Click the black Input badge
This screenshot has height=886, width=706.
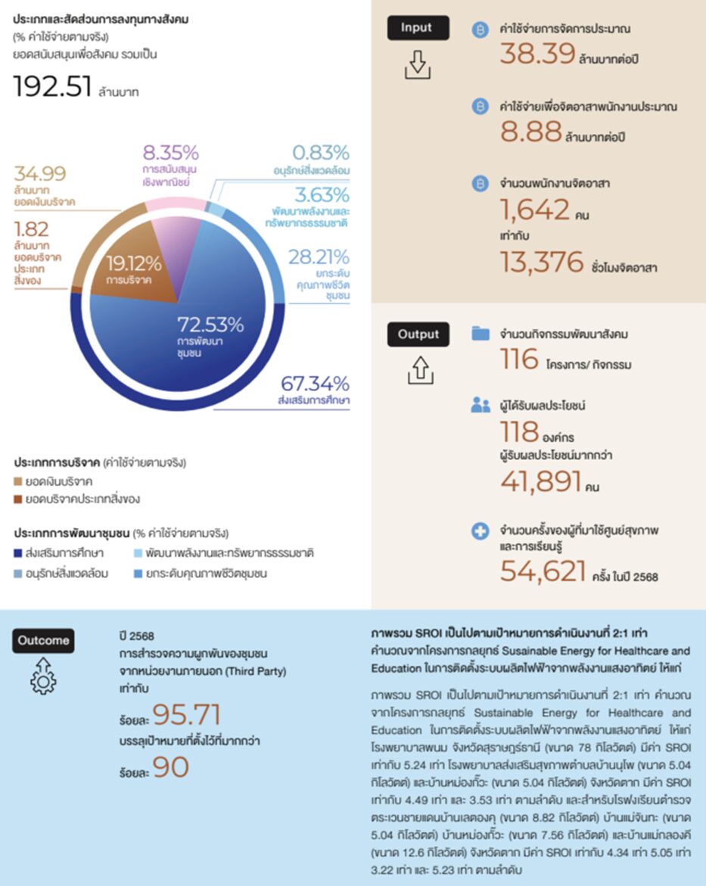coord(416,28)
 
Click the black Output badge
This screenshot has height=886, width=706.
coord(418,334)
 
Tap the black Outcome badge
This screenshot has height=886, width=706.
coord(43,640)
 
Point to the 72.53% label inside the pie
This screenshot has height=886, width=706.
coord(210,325)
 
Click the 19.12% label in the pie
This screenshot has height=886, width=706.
coord(133,265)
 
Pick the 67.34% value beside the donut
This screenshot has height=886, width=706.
coord(315,384)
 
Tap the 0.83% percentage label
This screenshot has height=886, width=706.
coord(321,152)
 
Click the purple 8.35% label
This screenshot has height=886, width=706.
coord(170,151)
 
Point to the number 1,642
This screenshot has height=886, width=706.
coord(534,208)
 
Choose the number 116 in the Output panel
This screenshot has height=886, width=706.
coord(519,359)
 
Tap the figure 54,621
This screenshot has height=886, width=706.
coord(543,572)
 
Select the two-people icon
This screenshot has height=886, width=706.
coord(481,406)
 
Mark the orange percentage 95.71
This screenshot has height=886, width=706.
coord(185,714)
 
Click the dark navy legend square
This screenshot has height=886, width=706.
coord(18,553)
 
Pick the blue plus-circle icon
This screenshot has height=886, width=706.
coord(480,533)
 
